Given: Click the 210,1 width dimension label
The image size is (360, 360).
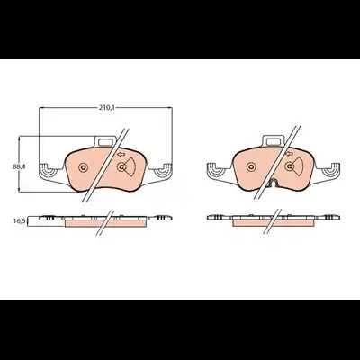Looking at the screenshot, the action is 105,108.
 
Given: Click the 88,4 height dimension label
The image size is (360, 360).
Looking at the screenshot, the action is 19,167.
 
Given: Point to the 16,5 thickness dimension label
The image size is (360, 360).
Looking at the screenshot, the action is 19,221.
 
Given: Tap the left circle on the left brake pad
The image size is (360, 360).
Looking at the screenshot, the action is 83,167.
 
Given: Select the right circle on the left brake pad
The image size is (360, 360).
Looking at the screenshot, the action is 121,167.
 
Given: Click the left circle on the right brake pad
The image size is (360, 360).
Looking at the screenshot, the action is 251,167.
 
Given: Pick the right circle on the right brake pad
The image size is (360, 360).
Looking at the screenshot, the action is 290,166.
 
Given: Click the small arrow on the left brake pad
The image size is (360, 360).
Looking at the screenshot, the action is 121,155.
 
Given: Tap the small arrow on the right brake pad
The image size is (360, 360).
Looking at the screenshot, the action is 289,154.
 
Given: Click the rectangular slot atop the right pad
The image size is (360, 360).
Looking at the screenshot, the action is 273,140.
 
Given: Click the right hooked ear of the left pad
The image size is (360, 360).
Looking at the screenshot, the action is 164,170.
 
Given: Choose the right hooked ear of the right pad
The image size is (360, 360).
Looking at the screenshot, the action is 331,169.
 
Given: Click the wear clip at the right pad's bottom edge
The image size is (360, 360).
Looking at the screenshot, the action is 274,183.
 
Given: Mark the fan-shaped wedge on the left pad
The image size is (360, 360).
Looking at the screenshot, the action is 130,167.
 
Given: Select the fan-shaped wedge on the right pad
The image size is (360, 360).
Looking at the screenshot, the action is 299,166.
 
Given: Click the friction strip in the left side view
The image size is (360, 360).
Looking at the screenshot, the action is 105,224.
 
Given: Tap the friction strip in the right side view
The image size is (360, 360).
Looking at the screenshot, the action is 274,223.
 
